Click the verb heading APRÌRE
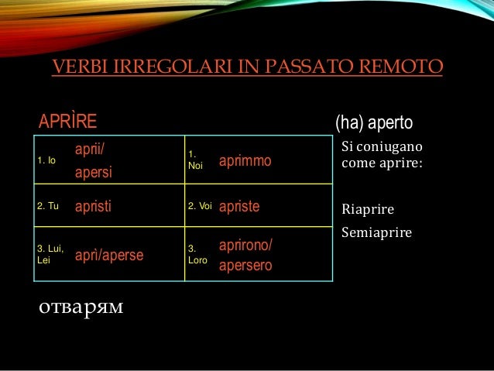(x=68, y=122)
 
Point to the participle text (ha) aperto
(x=373, y=123)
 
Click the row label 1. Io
(x=48, y=160)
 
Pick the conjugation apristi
(x=95, y=208)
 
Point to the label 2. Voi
(x=200, y=208)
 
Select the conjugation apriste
(x=240, y=208)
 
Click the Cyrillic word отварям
(x=81, y=307)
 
